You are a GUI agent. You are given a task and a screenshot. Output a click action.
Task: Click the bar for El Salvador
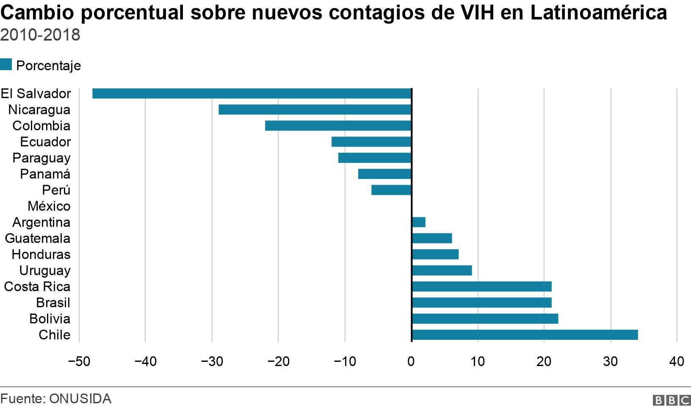pos(252,93)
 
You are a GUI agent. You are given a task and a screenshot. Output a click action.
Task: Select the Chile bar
pos(525,335)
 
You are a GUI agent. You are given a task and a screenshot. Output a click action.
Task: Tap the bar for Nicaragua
pos(315,109)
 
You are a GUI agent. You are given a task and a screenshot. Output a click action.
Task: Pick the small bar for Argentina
pos(418,222)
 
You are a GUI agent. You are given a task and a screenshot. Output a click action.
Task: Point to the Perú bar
pos(391,190)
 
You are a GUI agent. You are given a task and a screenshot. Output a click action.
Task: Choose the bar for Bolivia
pos(485,319)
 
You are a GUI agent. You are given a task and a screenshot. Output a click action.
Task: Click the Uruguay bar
pos(442,271)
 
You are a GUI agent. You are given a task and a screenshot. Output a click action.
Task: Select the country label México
pos(49,206)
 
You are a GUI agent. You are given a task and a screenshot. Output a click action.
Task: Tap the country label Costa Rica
pos(37,287)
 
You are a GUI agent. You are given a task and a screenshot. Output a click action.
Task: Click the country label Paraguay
pos(41,158)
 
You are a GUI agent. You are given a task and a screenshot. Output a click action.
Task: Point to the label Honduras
pos(41,254)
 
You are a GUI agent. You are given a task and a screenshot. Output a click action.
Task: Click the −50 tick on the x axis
pos(78,361)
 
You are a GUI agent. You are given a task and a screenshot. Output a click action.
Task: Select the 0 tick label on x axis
pos(411,361)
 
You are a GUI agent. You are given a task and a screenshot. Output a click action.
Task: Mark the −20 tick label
pos(278,361)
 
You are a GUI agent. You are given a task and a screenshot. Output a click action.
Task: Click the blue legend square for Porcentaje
pos(6,65)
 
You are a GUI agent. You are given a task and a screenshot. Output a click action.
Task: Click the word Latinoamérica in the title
pos(598,13)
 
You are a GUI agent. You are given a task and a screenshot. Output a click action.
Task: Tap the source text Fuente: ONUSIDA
pos(56,399)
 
